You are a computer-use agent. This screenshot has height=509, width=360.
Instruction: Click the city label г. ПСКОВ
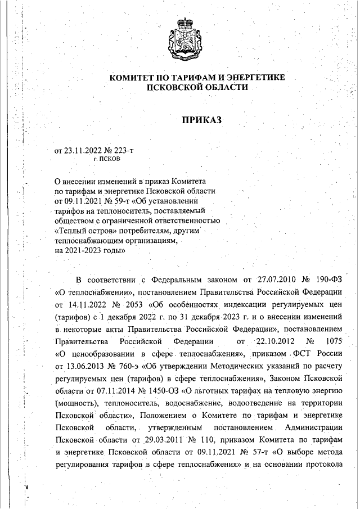click(107, 159)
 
